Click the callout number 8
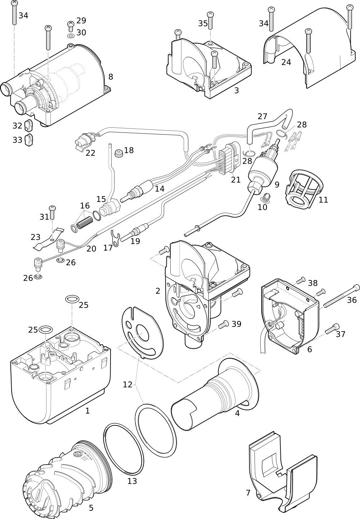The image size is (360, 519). [x=111, y=77]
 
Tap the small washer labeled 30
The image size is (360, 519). [x=71, y=36]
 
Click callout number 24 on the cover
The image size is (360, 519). [x=286, y=62]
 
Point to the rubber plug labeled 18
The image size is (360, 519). [x=119, y=153]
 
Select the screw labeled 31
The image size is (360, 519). [x=52, y=212]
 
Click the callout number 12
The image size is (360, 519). [x=127, y=385]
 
